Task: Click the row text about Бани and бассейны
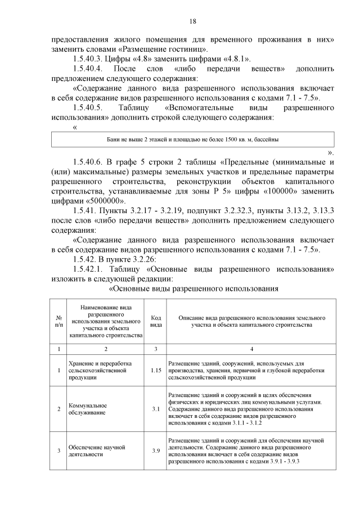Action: click(192, 138)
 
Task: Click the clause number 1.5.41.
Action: click(84, 211)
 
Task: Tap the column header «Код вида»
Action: click(156, 321)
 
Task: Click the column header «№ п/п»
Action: click(59, 321)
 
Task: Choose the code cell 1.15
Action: click(156, 371)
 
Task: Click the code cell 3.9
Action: click(156, 451)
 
